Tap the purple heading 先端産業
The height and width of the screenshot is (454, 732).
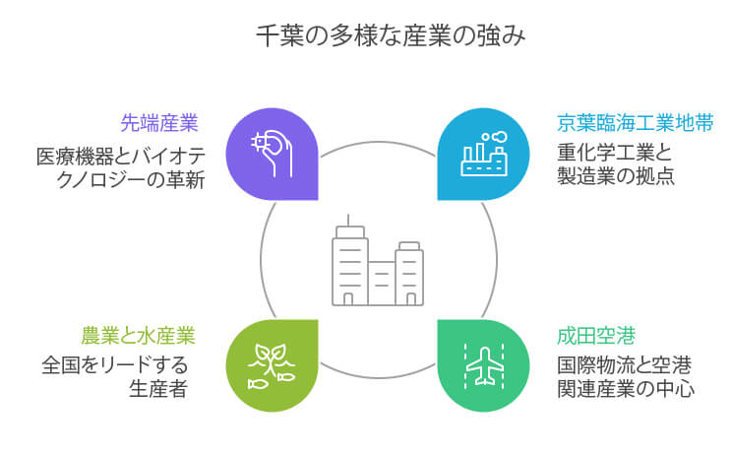coord(159,124)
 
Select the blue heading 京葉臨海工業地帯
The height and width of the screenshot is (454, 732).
coord(621,124)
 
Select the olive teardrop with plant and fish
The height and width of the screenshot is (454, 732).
coord(272,365)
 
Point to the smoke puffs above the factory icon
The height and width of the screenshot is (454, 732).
coord(497,138)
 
